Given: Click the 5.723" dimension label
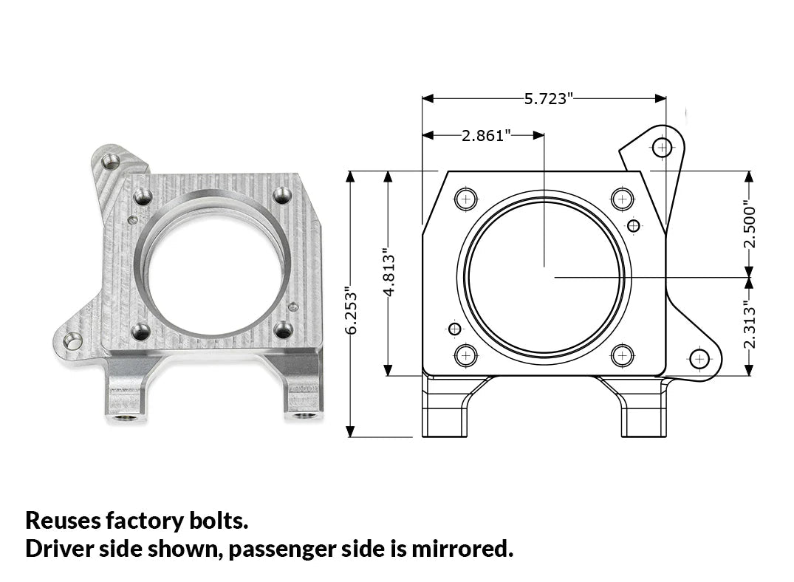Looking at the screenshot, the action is coord(548,99).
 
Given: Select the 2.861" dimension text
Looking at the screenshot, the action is coord(486,136).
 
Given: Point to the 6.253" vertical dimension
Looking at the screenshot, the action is coord(351,312).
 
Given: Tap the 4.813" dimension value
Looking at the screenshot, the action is coord(389,273).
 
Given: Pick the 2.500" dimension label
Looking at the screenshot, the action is coord(750,226).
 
